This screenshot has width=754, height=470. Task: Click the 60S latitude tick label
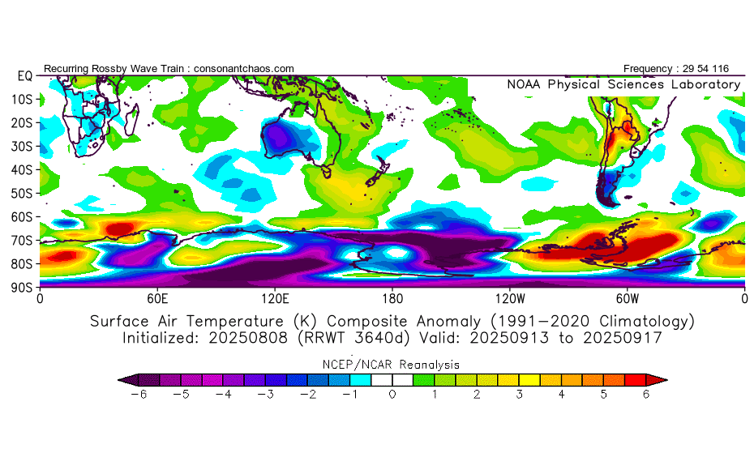click(x=21, y=216)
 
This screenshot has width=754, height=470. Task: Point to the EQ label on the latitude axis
click(x=24, y=75)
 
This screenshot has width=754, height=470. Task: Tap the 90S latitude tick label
click(x=21, y=287)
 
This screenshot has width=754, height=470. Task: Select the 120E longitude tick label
click(x=275, y=297)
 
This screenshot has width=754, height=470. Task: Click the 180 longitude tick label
click(x=392, y=297)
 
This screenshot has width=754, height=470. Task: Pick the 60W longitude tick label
click(x=627, y=297)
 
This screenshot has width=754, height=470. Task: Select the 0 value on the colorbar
click(x=392, y=394)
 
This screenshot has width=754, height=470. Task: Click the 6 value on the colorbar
click(x=646, y=394)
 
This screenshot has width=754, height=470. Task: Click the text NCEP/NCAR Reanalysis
click(x=392, y=365)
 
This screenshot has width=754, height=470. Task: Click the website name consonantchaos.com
click(x=243, y=69)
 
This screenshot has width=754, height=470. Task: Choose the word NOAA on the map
click(x=525, y=84)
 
